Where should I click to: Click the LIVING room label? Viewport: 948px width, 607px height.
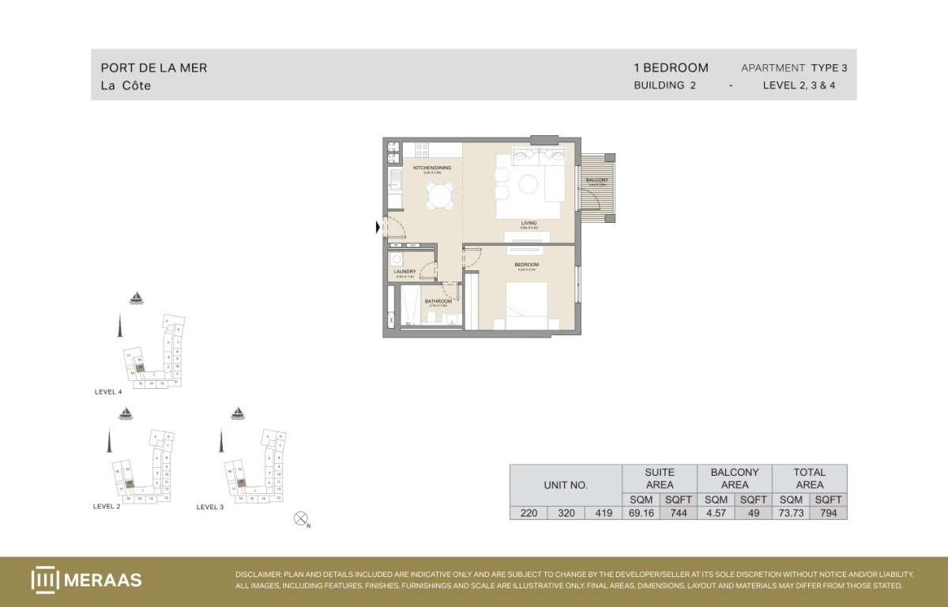(x=529, y=223)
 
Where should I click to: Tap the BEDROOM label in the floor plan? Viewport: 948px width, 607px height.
(x=526, y=264)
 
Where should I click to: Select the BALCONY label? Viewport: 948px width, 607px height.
(x=596, y=180)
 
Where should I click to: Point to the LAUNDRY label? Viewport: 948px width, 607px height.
(x=404, y=272)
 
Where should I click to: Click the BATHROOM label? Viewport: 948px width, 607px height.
(x=438, y=301)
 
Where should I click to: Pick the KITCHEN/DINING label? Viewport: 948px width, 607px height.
(x=432, y=168)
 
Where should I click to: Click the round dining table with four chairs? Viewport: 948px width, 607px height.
(x=437, y=194)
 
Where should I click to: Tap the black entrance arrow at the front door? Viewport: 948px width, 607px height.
(x=378, y=228)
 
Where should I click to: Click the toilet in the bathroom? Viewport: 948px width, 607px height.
(x=431, y=318)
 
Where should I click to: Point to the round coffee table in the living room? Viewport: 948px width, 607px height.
(x=529, y=184)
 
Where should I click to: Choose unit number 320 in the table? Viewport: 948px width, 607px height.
(x=565, y=513)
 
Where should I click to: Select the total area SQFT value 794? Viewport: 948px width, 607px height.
(x=828, y=513)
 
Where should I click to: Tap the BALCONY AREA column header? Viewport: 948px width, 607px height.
(x=735, y=478)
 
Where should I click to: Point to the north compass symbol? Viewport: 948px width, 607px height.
(x=299, y=519)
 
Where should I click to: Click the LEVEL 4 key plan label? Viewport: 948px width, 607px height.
(x=107, y=391)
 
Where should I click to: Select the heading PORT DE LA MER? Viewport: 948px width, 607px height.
(x=154, y=68)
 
